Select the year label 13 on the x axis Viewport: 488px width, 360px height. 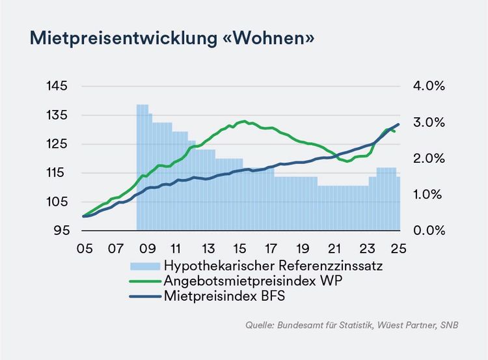pyautogui.click(x=209, y=249)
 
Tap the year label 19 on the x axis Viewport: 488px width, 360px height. pyautogui.click(x=303, y=249)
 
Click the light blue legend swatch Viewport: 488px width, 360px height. pyautogui.click(x=145, y=266)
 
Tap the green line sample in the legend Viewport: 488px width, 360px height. pyautogui.click(x=145, y=281)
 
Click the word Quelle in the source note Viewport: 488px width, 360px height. pyautogui.click(x=260, y=324)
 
